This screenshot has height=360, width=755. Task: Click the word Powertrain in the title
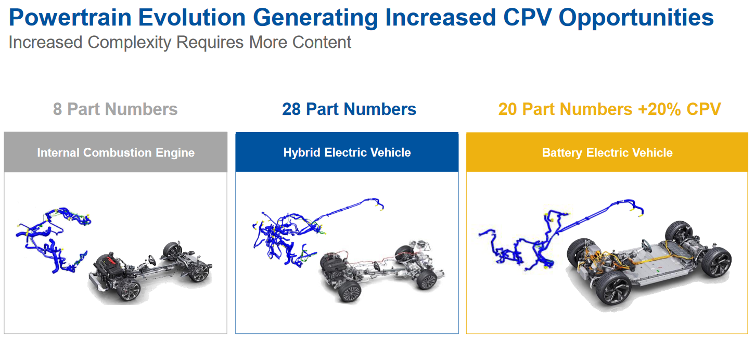[70, 18]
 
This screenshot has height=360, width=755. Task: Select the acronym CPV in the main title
[528, 17]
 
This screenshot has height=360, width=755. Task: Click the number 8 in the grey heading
[57, 109]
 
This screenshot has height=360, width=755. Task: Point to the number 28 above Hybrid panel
[291, 109]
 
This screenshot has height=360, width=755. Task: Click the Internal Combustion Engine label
[116, 153]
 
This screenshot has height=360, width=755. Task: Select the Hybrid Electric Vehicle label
[347, 153]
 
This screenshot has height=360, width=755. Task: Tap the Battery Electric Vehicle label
[607, 153]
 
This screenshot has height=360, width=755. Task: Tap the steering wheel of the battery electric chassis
[646, 246]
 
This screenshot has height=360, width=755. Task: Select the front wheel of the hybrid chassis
[350, 291]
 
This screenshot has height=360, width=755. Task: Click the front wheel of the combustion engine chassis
[129, 290]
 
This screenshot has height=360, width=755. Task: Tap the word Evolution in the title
[192, 18]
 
